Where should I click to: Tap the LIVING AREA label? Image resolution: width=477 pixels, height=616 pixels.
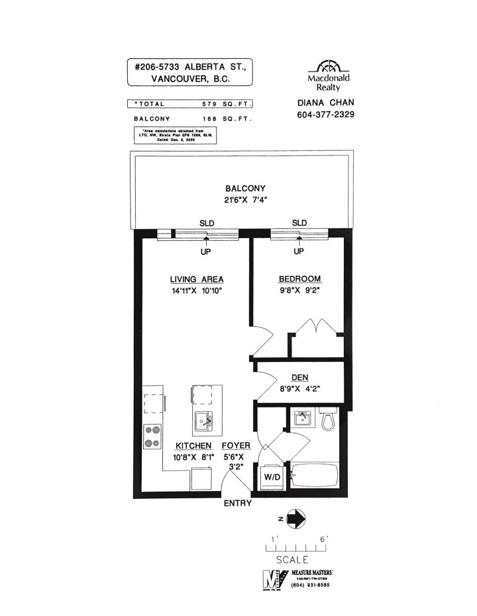(x=196, y=279)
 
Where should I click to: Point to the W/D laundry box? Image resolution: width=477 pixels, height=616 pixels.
(x=272, y=477)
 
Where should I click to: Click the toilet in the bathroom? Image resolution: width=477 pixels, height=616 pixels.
(x=326, y=419)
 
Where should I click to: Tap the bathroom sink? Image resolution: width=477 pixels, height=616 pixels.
(x=302, y=418)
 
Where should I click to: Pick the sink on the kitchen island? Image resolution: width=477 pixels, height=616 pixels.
(x=205, y=419)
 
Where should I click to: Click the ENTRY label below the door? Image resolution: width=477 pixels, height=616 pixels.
(x=238, y=504)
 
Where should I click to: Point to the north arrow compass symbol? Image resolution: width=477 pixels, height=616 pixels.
(x=297, y=518)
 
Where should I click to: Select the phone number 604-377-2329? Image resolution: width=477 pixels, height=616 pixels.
(x=327, y=114)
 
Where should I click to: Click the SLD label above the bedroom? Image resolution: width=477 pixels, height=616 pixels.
(x=299, y=222)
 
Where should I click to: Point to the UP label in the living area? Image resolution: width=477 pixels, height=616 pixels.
(x=205, y=251)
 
